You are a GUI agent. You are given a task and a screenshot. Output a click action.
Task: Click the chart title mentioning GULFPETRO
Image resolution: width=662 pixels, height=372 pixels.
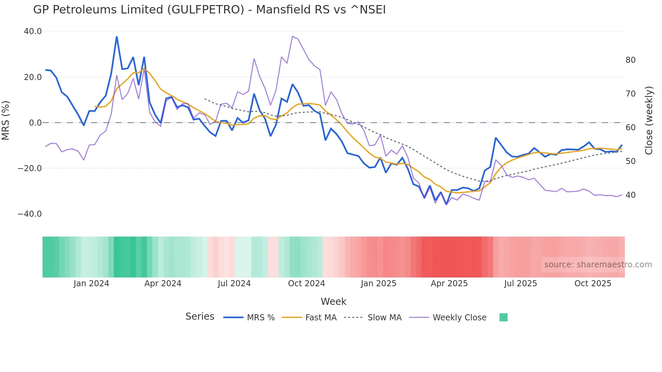click(x=209, y=9)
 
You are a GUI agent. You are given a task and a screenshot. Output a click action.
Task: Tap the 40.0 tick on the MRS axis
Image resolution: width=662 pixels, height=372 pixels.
click(x=33, y=31)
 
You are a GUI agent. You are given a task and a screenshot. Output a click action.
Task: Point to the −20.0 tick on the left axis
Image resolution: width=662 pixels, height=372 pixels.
click(x=30, y=168)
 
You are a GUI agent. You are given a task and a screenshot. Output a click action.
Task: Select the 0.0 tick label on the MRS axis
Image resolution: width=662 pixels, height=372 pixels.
click(x=35, y=123)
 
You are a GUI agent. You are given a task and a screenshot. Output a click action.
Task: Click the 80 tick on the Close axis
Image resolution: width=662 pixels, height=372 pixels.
click(x=630, y=60)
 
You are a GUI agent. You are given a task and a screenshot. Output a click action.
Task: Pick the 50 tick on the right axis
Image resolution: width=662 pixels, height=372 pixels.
click(x=630, y=161)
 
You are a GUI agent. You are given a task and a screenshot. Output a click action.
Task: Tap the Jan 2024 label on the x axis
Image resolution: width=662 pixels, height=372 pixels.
click(x=91, y=284)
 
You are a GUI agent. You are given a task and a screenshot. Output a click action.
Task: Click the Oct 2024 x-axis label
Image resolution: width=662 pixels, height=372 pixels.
click(x=306, y=284)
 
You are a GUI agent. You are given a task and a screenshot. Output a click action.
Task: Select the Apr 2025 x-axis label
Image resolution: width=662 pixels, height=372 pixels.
click(x=449, y=284)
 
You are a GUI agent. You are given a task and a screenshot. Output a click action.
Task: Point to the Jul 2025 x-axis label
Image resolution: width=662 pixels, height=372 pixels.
click(x=520, y=284)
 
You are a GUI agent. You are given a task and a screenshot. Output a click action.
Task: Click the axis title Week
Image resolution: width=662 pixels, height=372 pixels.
click(x=333, y=301)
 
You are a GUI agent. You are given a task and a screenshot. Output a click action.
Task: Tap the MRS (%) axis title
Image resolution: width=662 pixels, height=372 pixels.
click(x=6, y=121)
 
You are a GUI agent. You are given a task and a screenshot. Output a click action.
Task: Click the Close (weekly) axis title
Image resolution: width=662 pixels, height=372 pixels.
click(x=648, y=121)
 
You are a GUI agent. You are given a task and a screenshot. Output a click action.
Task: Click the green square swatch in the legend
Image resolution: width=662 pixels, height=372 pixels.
click(x=503, y=317)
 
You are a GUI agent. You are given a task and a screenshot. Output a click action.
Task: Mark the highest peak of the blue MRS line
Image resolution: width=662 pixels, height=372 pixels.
click(x=117, y=37)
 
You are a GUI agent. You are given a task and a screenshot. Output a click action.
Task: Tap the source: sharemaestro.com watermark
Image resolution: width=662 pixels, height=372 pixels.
click(x=598, y=265)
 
